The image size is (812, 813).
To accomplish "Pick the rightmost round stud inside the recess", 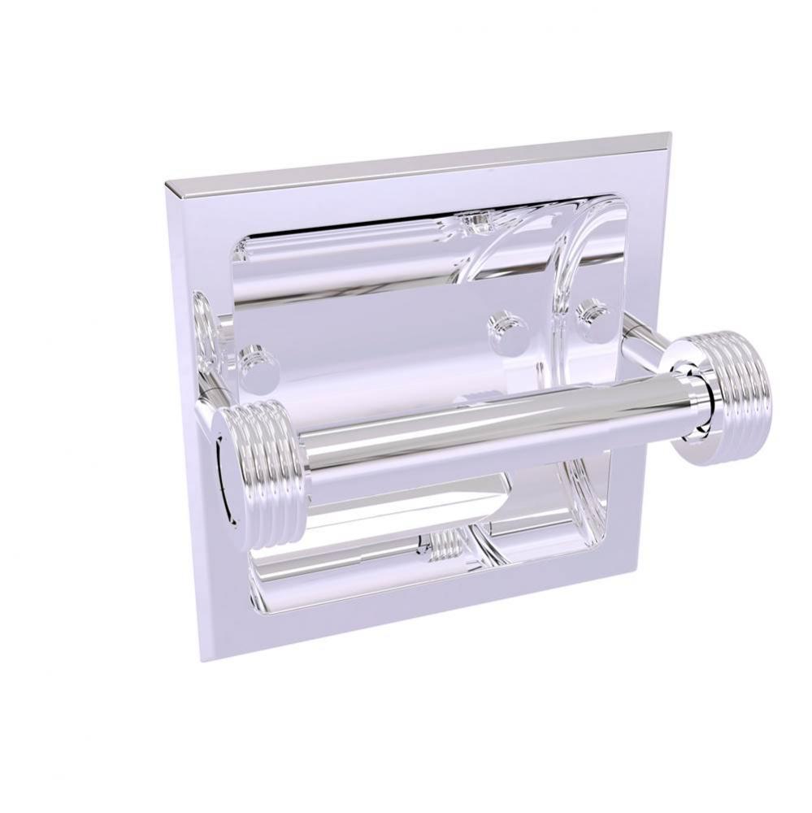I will (x=591, y=317).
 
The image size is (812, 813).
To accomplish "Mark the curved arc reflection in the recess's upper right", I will (x=561, y=244).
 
